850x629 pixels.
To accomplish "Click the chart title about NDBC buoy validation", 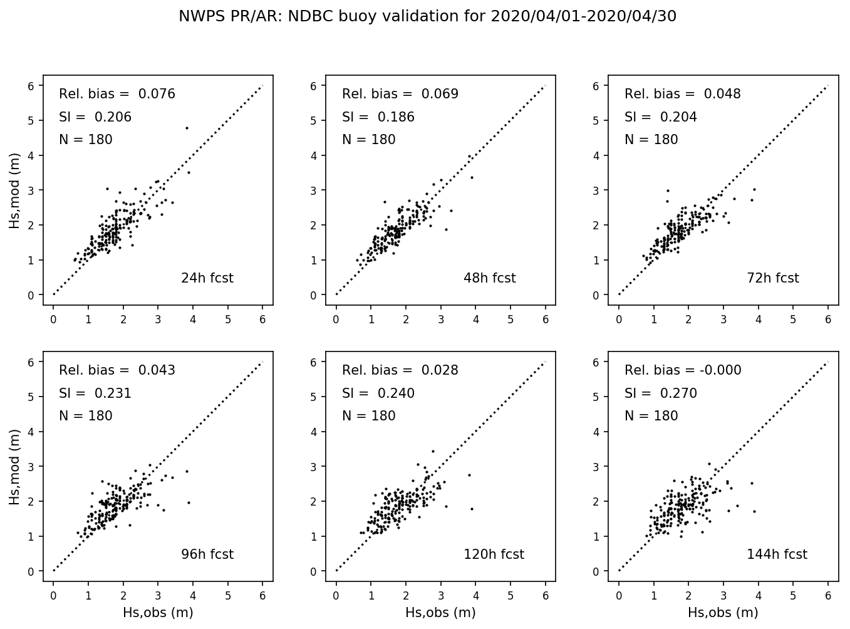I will click(427, 16).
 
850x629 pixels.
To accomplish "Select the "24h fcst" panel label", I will click(207, 278).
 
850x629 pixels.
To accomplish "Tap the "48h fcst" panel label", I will click(489, 278).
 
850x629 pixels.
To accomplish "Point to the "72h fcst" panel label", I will click(772, 278).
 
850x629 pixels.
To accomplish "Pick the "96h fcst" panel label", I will click(207, 554).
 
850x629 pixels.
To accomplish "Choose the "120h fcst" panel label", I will click(494, 554).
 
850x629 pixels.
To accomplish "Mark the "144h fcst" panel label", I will click(777, 554).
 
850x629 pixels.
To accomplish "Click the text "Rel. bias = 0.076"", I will click(117, 95).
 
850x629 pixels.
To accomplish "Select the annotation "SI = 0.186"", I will click(378, 117).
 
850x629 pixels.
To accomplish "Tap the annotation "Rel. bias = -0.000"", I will click(683, 371).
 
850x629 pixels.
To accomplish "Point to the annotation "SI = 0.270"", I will click(660, 393).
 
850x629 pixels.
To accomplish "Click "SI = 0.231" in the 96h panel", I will click(95, 393).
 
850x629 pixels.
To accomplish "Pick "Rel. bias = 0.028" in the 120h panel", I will click(400, 371).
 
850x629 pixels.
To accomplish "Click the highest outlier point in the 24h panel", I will click(187, 128).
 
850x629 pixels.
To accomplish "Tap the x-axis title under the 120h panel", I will click(440, 613).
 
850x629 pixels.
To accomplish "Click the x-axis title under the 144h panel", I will click(723, 613).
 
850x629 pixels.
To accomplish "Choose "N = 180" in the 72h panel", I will click(651, 140).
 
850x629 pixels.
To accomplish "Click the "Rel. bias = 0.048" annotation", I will click(683, 95).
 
